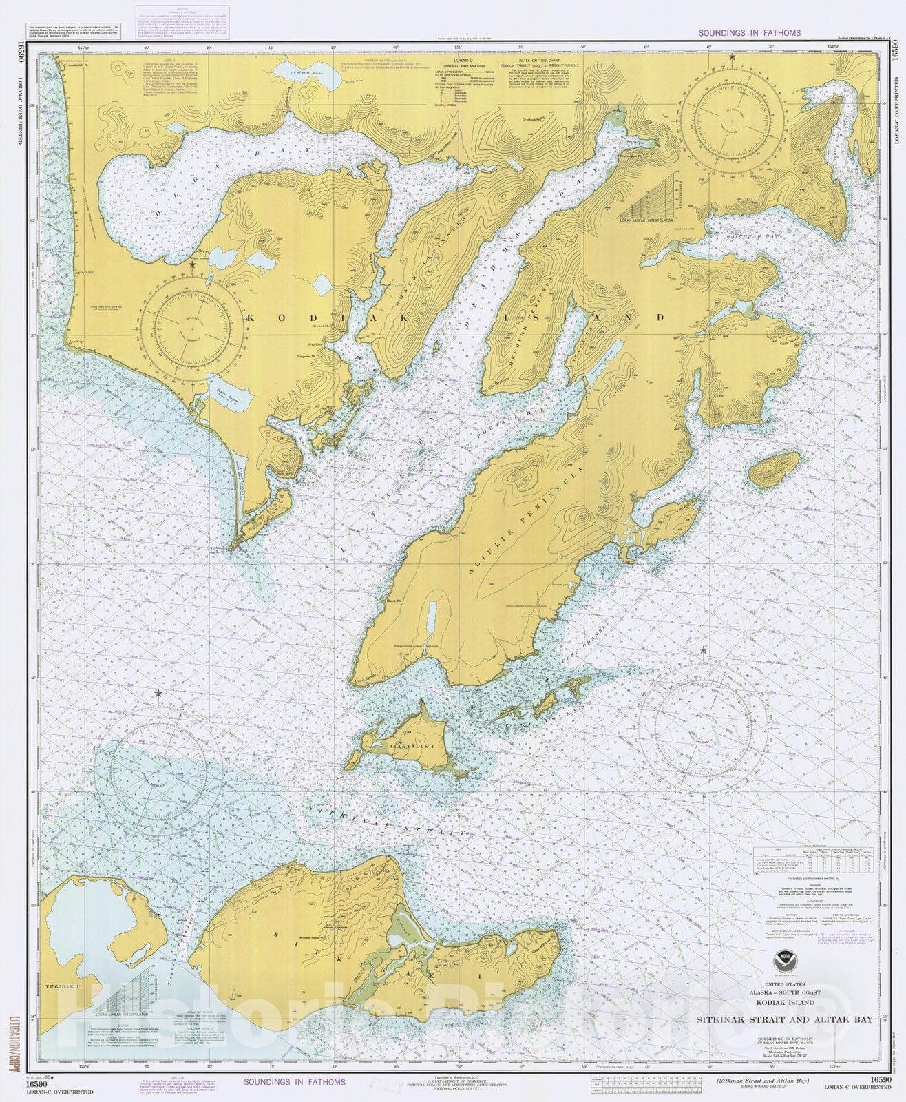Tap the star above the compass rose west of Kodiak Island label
point(193,264)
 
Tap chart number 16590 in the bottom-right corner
point(881,1081)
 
